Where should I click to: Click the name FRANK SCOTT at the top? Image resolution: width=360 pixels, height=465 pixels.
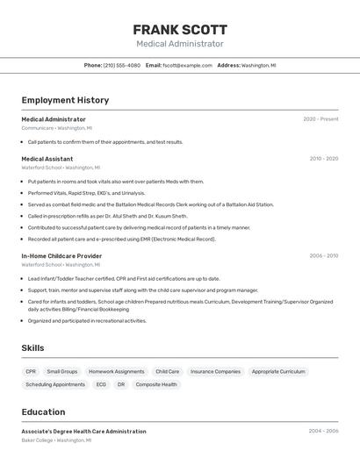pyautogui.click(x=180, y=29)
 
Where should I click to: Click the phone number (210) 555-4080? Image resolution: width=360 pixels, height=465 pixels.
pyautogui.click(x=122, y=65)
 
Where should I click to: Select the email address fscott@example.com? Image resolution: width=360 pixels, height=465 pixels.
pyautogui.click(x=187, y=65)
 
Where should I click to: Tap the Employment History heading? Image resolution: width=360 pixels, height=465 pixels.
pyautogui.click(x=65, y=100)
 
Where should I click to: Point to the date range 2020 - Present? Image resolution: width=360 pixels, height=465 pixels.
pyautogui.click(x=320, y=119)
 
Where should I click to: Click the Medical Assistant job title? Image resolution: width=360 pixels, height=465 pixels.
pyautogui.click(x=47, y=159)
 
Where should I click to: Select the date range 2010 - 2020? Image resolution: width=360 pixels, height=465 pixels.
pyautogui.click(x=323, y=159)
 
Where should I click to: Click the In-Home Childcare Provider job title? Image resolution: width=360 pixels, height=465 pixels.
pyautogui.click(x=61, y=256)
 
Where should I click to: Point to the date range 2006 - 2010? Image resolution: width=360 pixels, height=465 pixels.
pyautogui.click(x=323, y=256)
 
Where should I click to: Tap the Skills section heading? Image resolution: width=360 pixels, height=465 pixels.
pyautogui.click(x=32, y=348)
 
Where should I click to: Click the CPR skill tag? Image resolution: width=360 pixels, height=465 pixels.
pyautogui.click(x=31, y=371)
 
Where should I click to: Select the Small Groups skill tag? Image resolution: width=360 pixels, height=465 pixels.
pyautogui.click(x=62, y=371)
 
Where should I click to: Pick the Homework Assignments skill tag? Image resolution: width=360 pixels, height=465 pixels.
pyautogui.click(x=117, y=371)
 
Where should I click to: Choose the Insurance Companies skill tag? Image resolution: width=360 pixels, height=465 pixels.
pyautogui.click(x=215, y=371)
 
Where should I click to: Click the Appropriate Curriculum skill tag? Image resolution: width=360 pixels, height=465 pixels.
pyautogui.click(x=278, y=371)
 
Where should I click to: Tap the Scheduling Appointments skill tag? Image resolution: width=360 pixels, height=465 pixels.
pyautogui.click(x=55, y=384)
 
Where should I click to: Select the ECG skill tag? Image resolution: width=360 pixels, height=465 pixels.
pyautogui.click(x=101, y=384)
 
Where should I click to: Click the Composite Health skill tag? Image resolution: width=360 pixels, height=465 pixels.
pyautogui.click(x=156, y=384)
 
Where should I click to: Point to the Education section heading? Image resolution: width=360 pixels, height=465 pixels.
pyautogui.click(x=43, y=411)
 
